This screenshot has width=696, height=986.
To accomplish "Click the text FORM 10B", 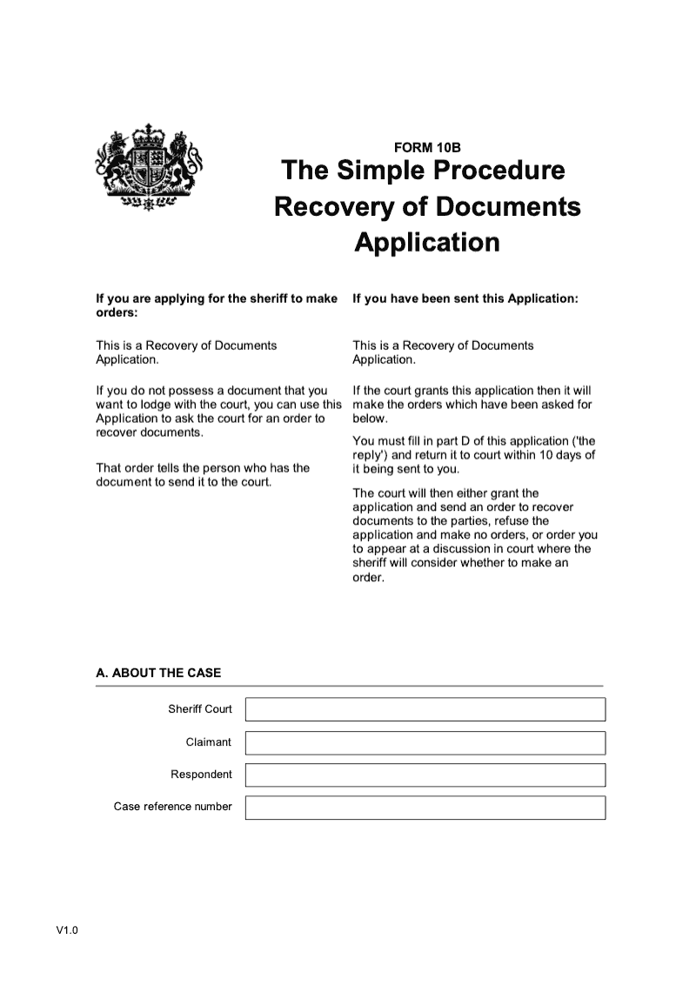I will tap(427, 147).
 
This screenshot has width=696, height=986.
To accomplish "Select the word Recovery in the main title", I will tap(327, 206).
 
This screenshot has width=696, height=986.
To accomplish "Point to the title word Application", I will tap(427, 241).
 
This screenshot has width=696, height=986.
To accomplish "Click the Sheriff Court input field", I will tap(425, 709).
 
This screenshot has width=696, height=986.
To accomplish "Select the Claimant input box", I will tap(425, 742).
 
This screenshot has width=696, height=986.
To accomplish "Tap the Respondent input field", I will tap(425, 775).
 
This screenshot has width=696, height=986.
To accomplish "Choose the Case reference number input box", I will tap(425, 808).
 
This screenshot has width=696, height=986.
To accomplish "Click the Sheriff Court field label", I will tap(200, 709).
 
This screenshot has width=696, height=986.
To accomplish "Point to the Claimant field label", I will tap(209, 742).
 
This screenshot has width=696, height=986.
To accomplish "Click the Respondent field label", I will tap(201, 775).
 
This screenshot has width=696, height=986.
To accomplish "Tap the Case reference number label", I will tap(173, 807).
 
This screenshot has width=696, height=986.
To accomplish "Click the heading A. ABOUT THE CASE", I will tap(158, 673).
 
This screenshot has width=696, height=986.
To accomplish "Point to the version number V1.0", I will tap(68, 931).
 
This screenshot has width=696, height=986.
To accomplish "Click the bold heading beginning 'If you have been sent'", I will tap(465, 298).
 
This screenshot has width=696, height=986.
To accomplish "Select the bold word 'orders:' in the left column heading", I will tap(117, 312).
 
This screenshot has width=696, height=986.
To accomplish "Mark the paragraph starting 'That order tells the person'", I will tap(202, 474).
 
